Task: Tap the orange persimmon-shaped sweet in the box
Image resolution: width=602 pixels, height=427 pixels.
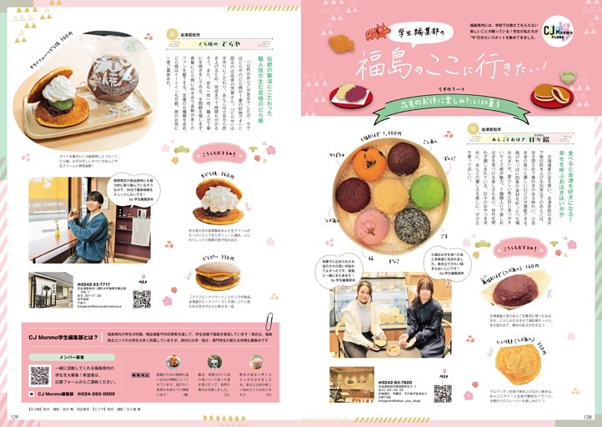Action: click(x=369, y=163)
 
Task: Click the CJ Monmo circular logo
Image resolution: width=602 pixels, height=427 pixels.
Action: click(x=556, y=31)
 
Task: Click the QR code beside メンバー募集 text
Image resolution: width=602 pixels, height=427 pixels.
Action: click(x=40, y=374)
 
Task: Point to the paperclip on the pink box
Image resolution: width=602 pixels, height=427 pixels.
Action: click(x=269, y=321)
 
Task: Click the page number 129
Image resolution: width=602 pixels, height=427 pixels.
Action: click(x=13, y=416)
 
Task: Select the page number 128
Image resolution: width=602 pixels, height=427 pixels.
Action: click(x=588, y=416)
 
